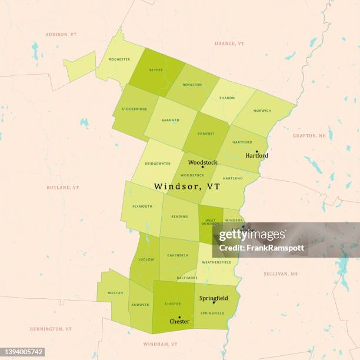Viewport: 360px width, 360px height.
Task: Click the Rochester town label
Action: (119, 59)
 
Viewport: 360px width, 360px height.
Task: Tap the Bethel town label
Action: (156, 69)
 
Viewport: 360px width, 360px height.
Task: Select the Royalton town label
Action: (192, 85)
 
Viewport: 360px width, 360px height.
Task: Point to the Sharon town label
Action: (226, 98)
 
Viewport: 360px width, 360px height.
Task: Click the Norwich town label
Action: (262, 111)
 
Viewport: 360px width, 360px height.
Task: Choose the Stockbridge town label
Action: (134, 109)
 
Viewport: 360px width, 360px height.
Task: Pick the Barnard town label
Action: (170, 120)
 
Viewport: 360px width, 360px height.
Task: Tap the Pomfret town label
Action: (206, 134)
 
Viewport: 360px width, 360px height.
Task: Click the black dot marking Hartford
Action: (256, 151)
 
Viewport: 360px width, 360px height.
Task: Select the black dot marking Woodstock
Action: (202, 166)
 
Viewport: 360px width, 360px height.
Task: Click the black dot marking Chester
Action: (179, 317)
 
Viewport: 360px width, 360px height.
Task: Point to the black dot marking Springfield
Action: (214, 302)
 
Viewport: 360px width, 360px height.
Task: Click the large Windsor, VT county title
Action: (187, 186)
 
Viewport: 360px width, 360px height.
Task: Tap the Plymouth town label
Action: (142, 206)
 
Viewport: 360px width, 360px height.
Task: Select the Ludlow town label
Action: (146, 259)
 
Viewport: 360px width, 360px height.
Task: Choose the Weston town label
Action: (115, 292)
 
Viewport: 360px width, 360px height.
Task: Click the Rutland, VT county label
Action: (63, 188)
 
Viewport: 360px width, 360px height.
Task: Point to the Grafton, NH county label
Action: (309, 135)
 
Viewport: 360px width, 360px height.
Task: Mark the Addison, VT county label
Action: (61, 35)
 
